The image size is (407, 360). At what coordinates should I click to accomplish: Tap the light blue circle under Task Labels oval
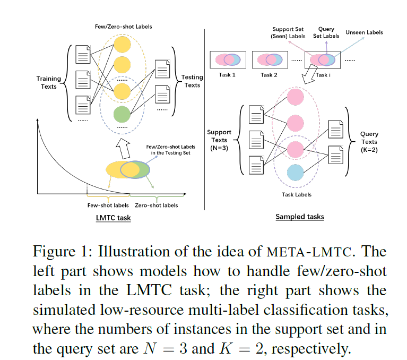pyautogui.click(x=295, y=174)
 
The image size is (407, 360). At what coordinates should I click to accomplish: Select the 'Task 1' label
pyautogui.click(x=227, y=75)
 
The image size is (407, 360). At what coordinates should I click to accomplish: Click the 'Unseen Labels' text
pyautogui.click(x=364, y=32)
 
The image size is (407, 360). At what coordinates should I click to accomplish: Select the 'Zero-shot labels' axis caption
pyautogui.click(x=157, y=205)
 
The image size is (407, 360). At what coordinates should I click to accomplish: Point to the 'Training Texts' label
pyautogui.click(x=48, y=82)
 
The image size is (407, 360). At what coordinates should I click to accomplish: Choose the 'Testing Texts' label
pyautogui.click(x=192, y=81)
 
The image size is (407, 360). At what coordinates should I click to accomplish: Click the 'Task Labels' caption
pyautogui.click(x=296, y=194)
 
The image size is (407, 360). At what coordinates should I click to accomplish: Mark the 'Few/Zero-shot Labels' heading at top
pyautogui.click(x=122, y=27)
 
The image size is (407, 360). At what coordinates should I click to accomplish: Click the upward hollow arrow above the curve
pyautogui.click(x=122, y=146)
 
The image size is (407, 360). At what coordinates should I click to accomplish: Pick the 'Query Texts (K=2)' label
pyautogui.click(x=369, y=142)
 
